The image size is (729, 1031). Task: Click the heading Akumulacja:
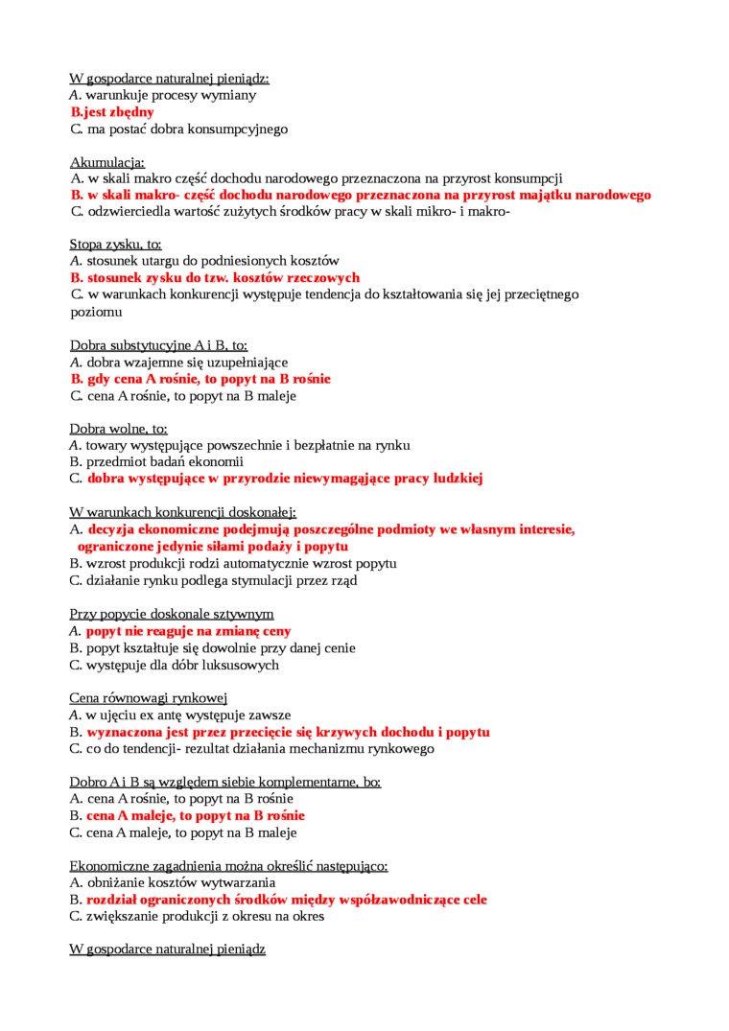pos(107,161)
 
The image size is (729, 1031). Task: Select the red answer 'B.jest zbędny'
pos(112,112)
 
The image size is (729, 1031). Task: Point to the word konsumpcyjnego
pos(240,129)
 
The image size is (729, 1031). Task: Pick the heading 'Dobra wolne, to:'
pos(118,429)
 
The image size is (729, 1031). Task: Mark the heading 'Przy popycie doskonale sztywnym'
pos(172,614)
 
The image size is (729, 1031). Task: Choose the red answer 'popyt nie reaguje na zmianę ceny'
pos(188,631)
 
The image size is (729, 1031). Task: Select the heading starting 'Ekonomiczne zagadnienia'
pos(228,865)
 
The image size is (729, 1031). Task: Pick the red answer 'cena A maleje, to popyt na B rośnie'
pos(196,815)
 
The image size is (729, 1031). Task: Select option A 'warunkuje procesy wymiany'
pos(171,95)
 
